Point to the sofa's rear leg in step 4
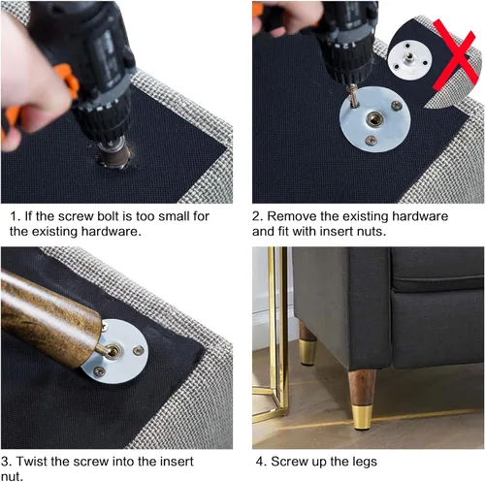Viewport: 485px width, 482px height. (x=307, y=344)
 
